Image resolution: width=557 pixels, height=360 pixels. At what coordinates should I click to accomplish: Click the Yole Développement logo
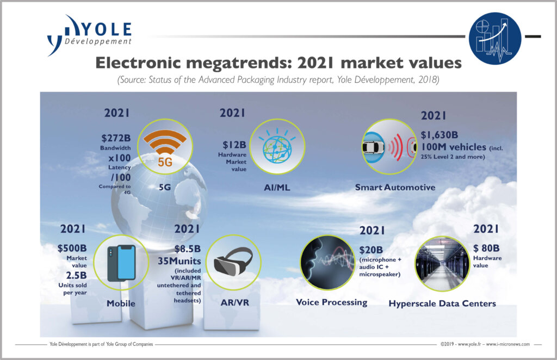pyautogui.click(x=89, y=35)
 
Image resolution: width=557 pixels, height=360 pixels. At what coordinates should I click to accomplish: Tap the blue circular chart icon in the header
pyautogui.click(x=495, y=39)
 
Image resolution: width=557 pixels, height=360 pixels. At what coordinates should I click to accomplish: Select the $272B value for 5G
pyautogui.click(x=116, y=138)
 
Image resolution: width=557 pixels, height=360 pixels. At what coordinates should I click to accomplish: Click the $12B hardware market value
pyautogui.click(x=234, y=145)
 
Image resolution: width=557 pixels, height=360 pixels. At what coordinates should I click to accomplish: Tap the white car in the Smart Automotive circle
pyautogui.click(x=373, y=147)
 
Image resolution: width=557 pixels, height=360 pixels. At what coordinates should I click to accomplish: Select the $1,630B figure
pyautogui.click(x=440, y=135)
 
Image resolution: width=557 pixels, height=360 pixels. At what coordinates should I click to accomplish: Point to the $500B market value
pyautogui.click(x=72, y=248)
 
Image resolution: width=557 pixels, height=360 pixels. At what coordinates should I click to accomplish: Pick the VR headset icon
pyautogui.click(x=233, y=262)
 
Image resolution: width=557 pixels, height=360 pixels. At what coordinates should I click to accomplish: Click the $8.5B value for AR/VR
pyautogui.click(x=188, y=249)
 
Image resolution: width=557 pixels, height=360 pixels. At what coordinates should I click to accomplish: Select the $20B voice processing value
pyautogui.click(x=371, y=250)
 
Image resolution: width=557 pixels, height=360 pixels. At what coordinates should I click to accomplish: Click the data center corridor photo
pyautogui.click(x=442, y=263)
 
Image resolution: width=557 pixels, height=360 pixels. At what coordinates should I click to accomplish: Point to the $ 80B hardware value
pyautogui.click(x=486, y=248)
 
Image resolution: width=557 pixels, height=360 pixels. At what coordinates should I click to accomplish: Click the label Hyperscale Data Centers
pyautogui.click(x=442, y=303)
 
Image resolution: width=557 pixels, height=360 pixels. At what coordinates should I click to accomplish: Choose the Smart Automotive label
pyautogui.click(x=395, y=188)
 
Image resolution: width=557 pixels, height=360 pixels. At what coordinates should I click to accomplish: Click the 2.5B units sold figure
pyautogui.click(x=76, y=276)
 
